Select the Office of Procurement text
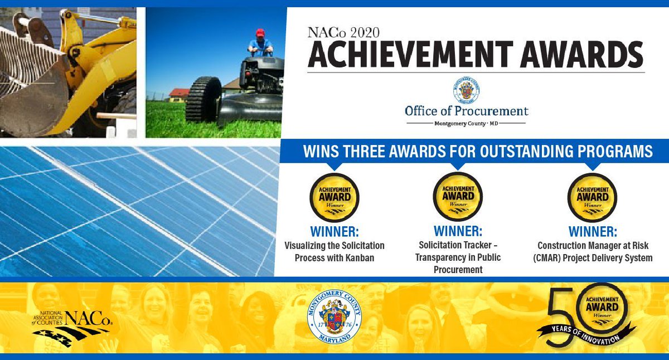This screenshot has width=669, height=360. [x=466, y=110]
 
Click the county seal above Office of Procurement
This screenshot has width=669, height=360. [x=466, y=89]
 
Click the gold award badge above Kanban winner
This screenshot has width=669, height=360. [x=334, y=198]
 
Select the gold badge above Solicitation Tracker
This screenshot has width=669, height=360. [x=458, y=198]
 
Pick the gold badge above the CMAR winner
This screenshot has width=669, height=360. [x=592, y=198]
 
